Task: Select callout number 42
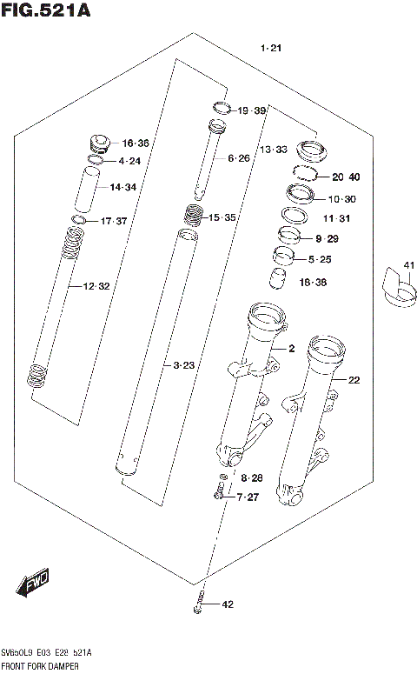[x=228, y=604]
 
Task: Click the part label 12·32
[x=96, y=286]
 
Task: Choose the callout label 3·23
[x=182, y=366]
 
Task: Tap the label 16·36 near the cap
[x=136, y=143]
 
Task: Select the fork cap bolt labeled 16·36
[x=97, y=142]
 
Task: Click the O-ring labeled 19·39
[x=222, y=109]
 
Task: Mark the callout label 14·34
[x=122, y=187]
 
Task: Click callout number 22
[x=354, y=379]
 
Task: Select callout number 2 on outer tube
[x=292, y=349]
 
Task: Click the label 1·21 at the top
[x=271, y=48]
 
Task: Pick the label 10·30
[x=342, y=198]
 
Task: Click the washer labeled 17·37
[x=78, y=220]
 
